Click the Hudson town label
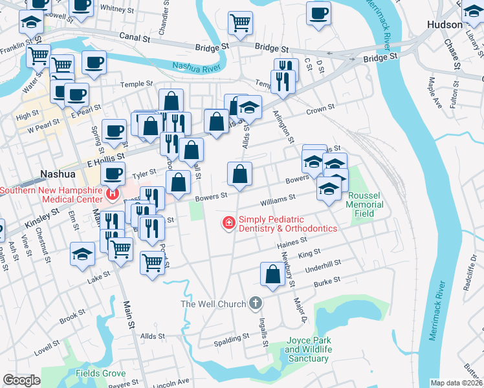click(x=445, y=25)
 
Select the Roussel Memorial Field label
click(x=365, y=205)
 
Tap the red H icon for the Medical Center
click(x=113, y=193)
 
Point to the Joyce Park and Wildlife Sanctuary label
click(x=309, y=349)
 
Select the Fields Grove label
click(x=100, y=373)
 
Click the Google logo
click(x=21, y=380)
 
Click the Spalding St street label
click(x=232, y=338)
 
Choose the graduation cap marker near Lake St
click(x=83, y=253)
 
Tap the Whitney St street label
click(x=116, y=9)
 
